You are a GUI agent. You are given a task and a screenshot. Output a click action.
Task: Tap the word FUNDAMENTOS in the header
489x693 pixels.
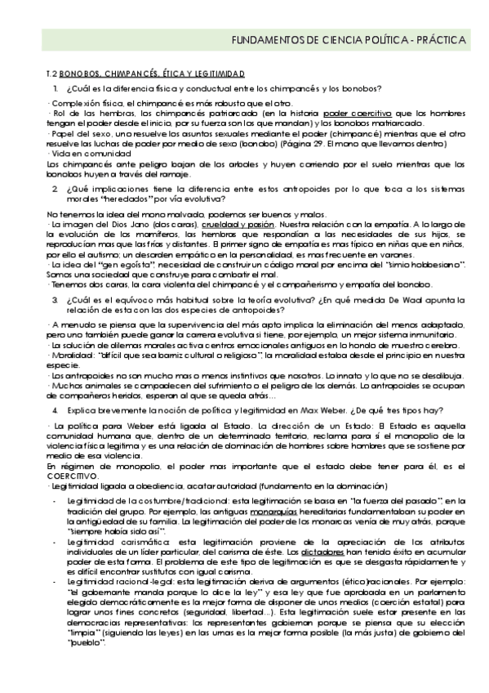(260, 38)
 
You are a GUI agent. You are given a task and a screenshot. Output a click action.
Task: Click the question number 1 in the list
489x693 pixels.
(54, 88)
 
